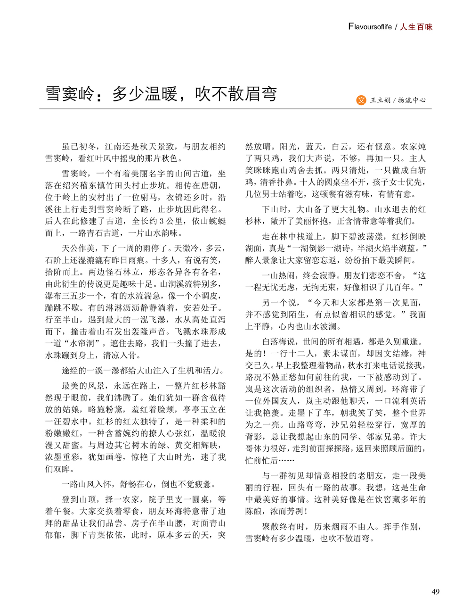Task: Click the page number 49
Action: click(435, 592)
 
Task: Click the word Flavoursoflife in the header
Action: click(370, 27)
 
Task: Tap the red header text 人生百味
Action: click(416, 27)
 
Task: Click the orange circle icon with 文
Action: click(361, 100)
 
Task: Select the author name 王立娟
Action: click(381, 100)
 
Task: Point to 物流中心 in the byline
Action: click(412, 100)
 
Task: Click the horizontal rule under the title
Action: click(235, 109)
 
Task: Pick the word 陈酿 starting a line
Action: click(254, 511)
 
